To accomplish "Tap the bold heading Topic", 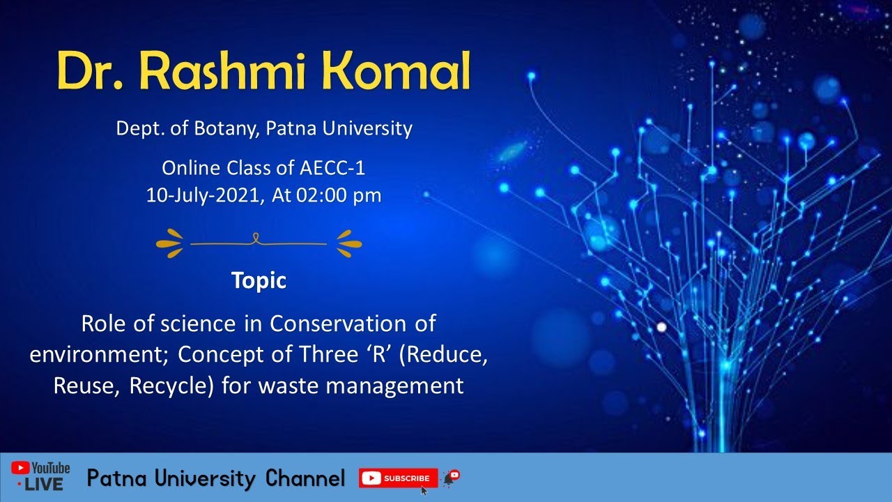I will coord(259,280).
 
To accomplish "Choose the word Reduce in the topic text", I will coord(447,355).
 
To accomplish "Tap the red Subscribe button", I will coord(398,478).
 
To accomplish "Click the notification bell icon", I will coord(450,478).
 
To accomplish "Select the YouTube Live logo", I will coord(40,476).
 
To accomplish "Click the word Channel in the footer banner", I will coord(305,479).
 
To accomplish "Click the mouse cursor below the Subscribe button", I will coord(424,490).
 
